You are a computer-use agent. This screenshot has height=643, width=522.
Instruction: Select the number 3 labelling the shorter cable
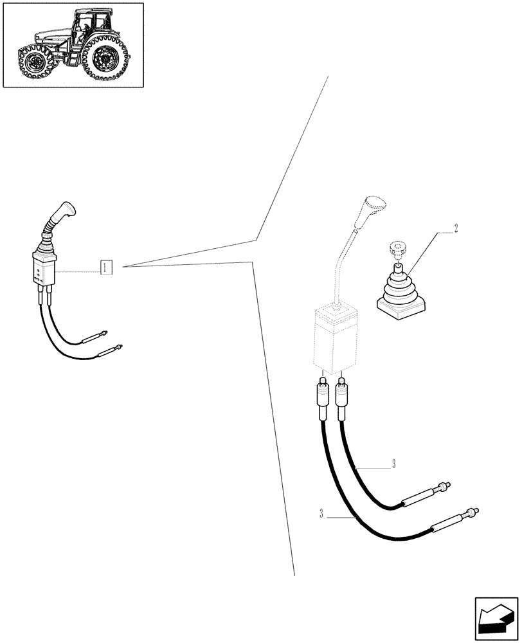[x=393, y=464]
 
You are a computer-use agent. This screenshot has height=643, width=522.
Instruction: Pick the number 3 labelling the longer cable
[x=321, y=513]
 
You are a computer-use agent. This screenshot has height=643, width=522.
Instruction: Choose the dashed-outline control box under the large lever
[x=334, y=340]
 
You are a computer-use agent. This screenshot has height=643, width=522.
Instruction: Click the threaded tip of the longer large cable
[x=473, y=512]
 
